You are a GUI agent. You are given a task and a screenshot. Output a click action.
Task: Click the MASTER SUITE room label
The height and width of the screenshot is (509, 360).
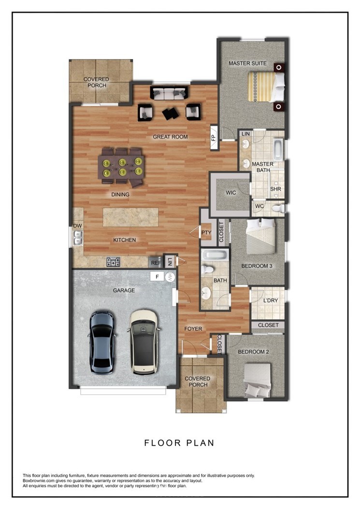(x=247, y=63)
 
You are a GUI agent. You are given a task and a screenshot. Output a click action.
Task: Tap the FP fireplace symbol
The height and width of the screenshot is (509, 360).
(x=214, y=138)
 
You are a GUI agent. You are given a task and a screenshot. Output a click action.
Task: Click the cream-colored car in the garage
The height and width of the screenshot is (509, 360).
(x=143, y=342)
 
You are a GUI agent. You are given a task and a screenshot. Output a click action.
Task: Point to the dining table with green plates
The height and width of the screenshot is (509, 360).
(x=121, y=167)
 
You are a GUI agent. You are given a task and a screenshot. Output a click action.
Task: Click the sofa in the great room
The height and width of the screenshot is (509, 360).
(x=169, y=93)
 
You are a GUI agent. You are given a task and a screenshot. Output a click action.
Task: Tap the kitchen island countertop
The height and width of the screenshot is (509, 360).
(x=130, y=217)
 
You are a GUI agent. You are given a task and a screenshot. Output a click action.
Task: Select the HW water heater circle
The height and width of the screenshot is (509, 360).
(x=170, y=277)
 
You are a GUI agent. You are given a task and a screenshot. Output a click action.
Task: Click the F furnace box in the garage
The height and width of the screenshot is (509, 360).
(x=158, y=276)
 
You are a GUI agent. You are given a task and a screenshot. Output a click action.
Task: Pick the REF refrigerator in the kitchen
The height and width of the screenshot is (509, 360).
(x=156, y=262)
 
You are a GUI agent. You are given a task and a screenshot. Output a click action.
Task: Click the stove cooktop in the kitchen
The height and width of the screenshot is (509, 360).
(x=113, y=262)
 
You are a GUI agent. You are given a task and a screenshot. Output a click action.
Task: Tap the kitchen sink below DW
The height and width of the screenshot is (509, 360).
(x=78, y=237)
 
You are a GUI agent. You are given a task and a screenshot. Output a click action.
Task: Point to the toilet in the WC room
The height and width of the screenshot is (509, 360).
(x=278, y=208)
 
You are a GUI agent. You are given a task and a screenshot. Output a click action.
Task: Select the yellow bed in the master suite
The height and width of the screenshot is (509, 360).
(x=266, y=87)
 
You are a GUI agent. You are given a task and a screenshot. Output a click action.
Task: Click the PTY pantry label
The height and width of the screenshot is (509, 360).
(x=206, y=233)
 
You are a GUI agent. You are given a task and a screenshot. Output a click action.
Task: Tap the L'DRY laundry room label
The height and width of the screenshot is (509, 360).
(x=271, y=301)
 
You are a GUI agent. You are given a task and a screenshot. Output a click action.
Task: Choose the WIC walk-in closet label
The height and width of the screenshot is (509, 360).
(x=231, y=193)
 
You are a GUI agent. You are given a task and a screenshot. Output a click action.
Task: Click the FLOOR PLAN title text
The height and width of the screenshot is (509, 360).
(x=179, y=443)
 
